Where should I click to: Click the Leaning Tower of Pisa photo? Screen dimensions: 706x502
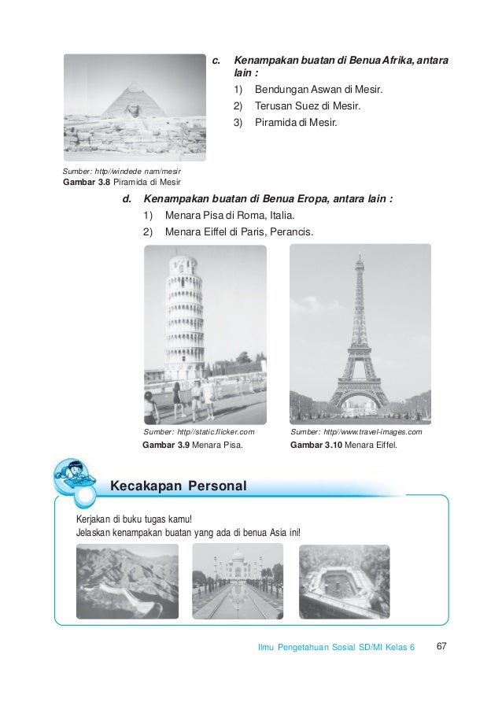(205, 335)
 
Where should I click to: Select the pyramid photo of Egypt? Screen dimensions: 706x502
(134, 107)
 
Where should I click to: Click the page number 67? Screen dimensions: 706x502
(441, 646)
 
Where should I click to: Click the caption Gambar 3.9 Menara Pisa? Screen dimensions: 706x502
(192, 445)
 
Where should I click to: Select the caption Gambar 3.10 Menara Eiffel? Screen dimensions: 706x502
(345, 445)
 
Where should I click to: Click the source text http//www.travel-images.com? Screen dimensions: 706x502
(356, 433)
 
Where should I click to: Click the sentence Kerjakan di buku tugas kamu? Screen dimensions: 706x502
(133, 520)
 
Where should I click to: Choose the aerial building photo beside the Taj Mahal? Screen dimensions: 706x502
(345, 581)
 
